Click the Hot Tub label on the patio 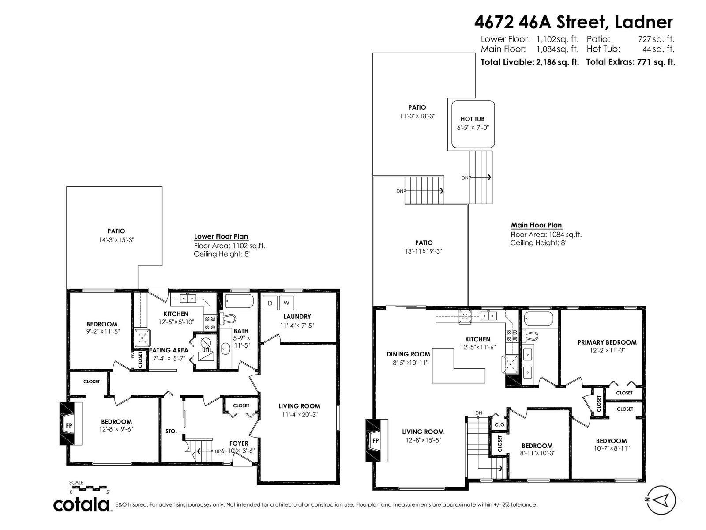coord(472,119)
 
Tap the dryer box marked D coord(270,303)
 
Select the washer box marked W coord(286,303)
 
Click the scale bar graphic coord(90,488)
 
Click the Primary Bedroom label coord(607,342)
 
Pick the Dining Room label coord(408,354)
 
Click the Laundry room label coord(297,317)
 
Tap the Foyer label coord(238,443)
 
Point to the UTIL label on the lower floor coord(207,350)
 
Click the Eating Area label coord(169,350)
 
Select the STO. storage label coord(171,431)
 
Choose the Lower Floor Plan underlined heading coord(221,237)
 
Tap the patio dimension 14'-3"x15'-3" coord(116,240)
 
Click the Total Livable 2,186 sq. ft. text coord(529,62)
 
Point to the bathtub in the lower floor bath coord(240,302)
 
